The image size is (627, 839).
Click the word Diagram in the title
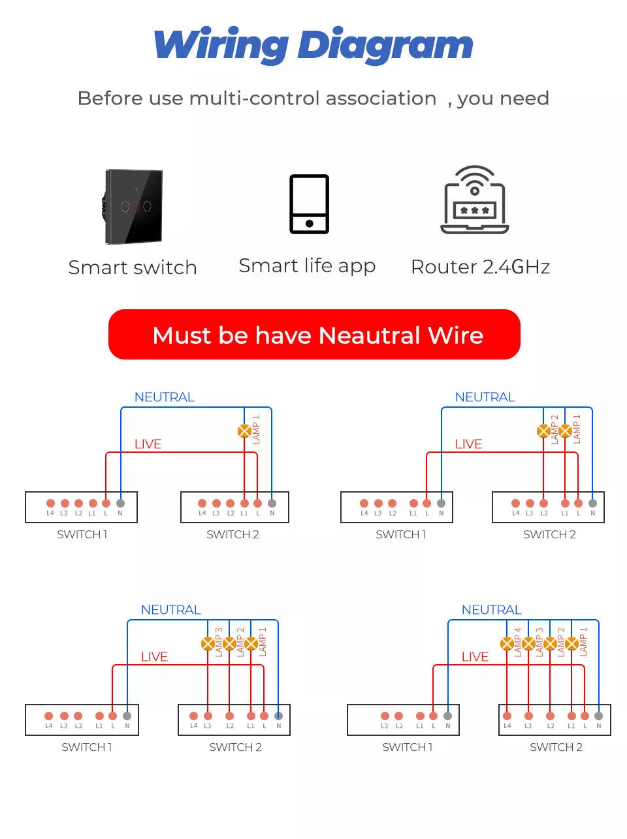385,46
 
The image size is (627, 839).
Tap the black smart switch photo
134,207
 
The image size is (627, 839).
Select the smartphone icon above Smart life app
309,204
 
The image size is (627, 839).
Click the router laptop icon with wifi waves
475,200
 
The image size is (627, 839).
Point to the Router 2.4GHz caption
480,267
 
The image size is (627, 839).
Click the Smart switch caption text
133,267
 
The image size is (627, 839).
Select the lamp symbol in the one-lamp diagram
244,431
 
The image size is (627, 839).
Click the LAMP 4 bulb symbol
506,644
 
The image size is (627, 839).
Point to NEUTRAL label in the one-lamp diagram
164,397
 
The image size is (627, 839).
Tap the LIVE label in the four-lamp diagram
475,656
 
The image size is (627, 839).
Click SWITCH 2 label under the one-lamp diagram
233,535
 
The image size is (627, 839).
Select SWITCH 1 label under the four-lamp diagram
407,748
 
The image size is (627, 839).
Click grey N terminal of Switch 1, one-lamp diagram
120,503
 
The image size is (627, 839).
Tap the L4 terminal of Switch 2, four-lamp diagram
507,716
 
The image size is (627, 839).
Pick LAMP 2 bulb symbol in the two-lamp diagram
543,431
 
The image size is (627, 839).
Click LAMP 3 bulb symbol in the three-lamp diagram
208,644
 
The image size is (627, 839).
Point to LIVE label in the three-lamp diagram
154,656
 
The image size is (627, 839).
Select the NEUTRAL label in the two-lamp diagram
485,397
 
